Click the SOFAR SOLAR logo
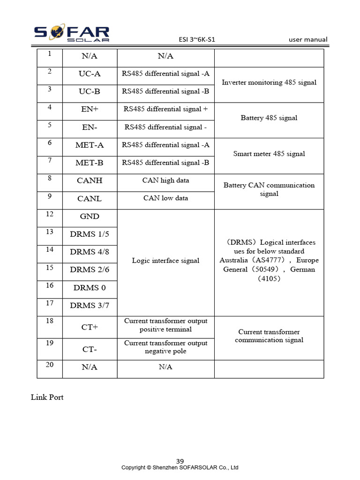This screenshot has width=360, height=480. (x=72, y=34)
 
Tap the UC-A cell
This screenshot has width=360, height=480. (x=90, y=74)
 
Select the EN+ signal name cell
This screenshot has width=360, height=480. (x=90, y=109)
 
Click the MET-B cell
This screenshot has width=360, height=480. (x=90, y=163)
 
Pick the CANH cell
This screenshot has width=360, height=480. (x=90, y=180)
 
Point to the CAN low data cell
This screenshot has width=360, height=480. (x=165, y=198)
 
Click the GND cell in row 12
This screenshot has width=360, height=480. (x=90, y=217)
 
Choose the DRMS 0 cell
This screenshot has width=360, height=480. (x=90, y=288)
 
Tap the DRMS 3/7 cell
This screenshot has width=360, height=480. (x=90, y=306)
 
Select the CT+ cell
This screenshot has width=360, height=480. (x=90, y=327)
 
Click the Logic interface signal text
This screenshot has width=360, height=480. (x=165, y=261)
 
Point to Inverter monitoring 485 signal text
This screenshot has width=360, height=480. (x=269, y=82)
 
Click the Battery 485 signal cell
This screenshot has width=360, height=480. (x=269, y=118)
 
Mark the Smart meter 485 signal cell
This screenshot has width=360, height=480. (x=269, y=154)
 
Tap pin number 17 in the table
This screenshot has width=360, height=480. (x=50, y=303)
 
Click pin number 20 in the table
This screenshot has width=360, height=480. (x=50, y=365)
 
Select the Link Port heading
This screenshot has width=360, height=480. (x=47, y=397)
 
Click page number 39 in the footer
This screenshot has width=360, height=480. (x=180, y=461)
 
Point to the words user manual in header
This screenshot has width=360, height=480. (x=308, y=40)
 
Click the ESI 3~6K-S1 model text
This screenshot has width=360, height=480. (x=197, y=40)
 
